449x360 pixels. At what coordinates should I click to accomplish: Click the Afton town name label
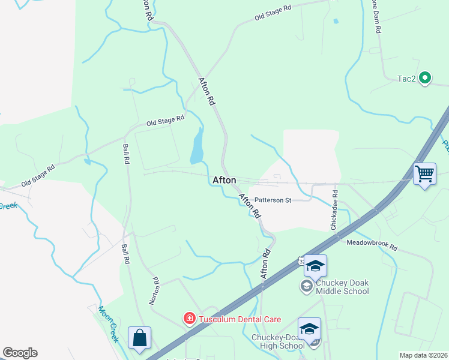[224, 180]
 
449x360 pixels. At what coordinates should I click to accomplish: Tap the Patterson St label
[273, 200]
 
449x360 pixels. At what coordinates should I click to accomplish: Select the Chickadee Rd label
[334, 211]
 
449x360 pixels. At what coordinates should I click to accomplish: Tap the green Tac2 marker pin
[426, 77]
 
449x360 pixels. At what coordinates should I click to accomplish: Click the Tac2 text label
[407, 79]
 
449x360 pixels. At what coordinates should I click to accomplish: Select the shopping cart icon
[425, 175]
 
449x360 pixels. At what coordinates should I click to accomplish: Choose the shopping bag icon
[139, 338]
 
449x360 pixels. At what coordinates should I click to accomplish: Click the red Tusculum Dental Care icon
[189, 317]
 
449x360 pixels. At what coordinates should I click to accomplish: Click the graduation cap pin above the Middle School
[315, 265]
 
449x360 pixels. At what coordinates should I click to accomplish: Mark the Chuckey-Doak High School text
[279, 341]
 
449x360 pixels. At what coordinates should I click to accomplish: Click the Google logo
[20, 353]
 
